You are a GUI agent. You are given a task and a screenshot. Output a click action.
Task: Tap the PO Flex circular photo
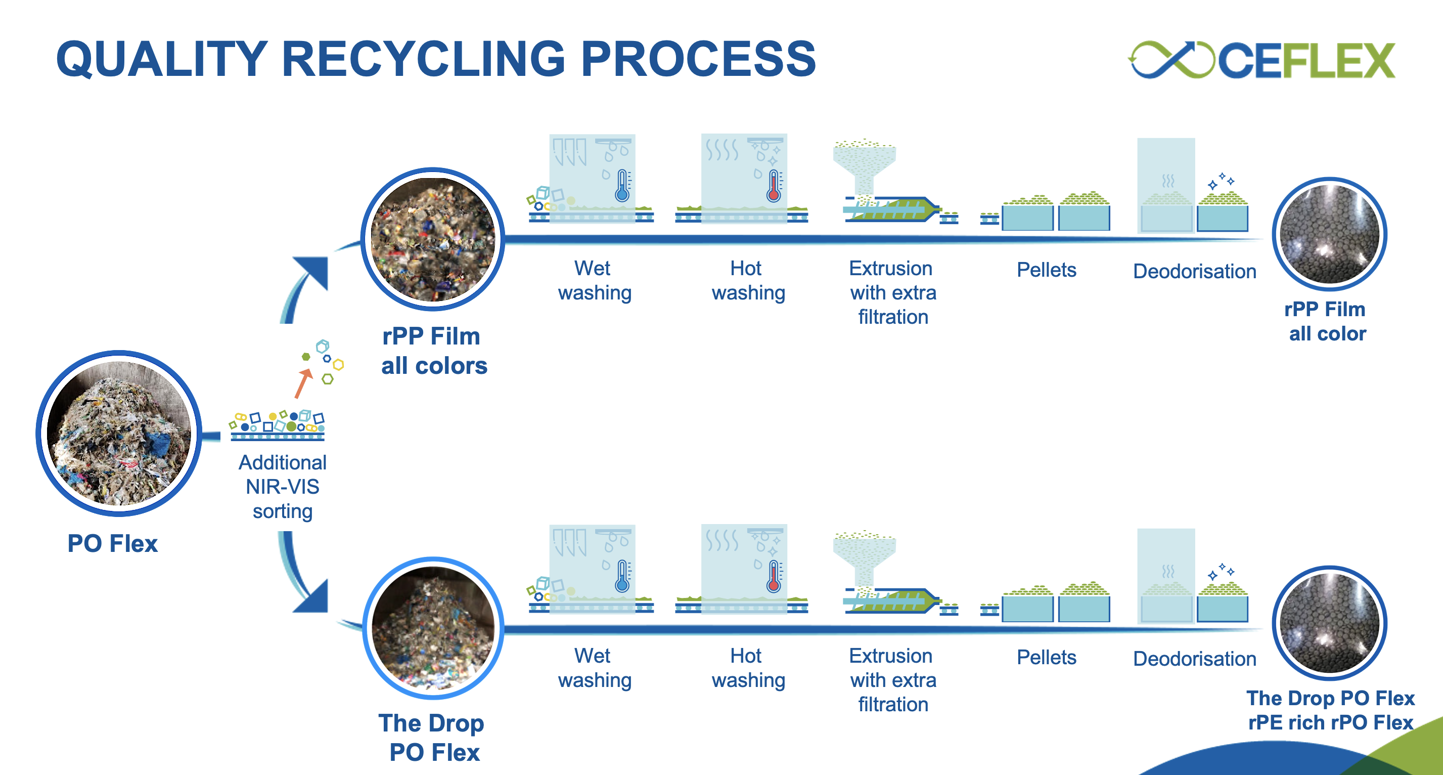[119, 433]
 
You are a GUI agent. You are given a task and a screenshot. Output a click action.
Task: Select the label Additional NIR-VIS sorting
[282, 487]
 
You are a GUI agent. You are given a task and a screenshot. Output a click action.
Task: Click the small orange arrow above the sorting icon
[303, 383]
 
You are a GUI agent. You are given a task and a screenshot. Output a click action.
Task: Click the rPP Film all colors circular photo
[432, 240]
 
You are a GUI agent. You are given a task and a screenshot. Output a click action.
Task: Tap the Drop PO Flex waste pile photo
[432, 628]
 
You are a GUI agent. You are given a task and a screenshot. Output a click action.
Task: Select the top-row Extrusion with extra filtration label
[892, 292]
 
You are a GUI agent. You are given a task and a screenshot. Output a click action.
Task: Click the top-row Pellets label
[1046, 270]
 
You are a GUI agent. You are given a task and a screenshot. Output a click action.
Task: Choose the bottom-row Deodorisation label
[1194, 659]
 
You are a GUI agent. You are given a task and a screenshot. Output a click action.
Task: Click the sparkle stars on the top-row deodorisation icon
[1221, 181]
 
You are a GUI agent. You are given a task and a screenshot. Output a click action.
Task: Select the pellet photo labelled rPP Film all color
[1329, 234]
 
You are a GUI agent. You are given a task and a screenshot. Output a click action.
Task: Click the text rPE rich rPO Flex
[1330, 722]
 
